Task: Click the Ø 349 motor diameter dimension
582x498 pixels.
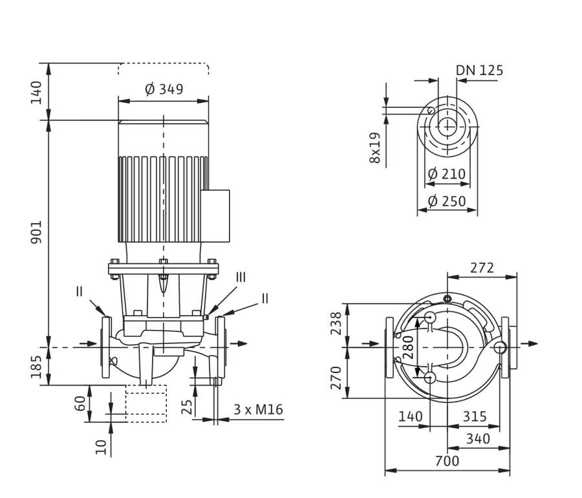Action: tap(164, 89)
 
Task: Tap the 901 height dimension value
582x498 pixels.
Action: tap(36, 232)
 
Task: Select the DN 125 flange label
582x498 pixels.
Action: tap(479, 70)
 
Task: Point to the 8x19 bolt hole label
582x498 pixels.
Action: tap(375, 147)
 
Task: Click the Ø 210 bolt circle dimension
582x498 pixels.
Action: tap(446, 174)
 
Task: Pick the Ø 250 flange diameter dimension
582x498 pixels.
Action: tap(446, 201)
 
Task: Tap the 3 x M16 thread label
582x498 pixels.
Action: tap(258, 409)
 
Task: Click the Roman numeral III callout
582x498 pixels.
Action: tap(241, 277)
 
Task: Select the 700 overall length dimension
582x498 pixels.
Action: tap(447, 461)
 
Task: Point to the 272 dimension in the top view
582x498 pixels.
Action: tap(482, 268)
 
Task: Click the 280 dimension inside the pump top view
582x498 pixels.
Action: tap(408, 347)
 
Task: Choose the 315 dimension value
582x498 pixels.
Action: tap(475, 417)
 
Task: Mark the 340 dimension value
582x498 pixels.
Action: tap(478, 438)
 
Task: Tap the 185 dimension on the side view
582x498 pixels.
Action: tap(36, 367)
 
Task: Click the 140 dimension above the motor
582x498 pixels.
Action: tap(36, 92)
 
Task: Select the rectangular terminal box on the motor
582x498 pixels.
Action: tap(215, 216)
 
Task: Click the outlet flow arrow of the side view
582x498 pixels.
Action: tap(238, 343)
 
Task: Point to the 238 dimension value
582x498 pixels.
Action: tap(336, 323)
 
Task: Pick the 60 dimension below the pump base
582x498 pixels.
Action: tap(80, 404)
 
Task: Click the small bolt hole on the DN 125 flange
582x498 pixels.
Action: tap(431, 111)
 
